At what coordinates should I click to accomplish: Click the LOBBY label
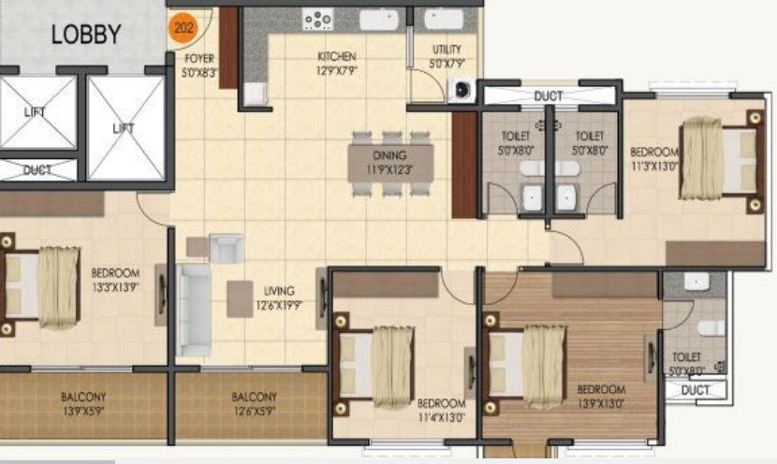click(86, 36)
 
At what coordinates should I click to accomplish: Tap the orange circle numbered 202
click(183, 28)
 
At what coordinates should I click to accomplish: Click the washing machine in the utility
click(461, 90)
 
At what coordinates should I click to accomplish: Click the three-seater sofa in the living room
click(195, 310)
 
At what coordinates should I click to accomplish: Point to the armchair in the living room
click(225, 248)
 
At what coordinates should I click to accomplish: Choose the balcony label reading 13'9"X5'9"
click(83, 403)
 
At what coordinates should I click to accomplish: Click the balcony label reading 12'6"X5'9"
click(254, 403)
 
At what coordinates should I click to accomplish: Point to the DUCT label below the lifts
click(37, 170)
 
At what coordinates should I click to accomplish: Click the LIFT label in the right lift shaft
click(124, 127)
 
